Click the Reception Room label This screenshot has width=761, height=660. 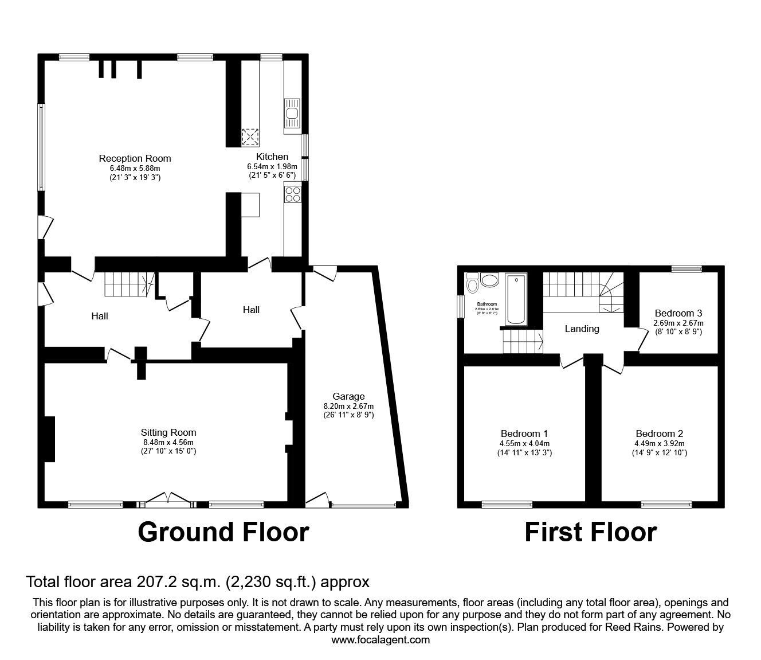pyautogui.click(x=135, y=158)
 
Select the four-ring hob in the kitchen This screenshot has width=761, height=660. pyautogui.click(x=292, y=194)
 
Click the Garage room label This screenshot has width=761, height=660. pyautogui.click(x=348, y=396)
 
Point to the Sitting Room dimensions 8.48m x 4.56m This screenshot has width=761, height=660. pyautogui.click(x=168, y=442)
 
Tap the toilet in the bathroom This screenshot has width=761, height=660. pyautogui.click(x=473, y=284)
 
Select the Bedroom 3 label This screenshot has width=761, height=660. pyautogui.click(x=678, y=313)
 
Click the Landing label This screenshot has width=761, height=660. pyautogui.click(x=582, y=329)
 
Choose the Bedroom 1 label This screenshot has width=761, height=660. pyautogui.click(x=524, y=434)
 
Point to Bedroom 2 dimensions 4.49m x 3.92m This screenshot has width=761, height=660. pyautogui.click(x=659, y=443)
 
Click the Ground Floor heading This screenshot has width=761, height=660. pyautogui.click(x=223, y=532)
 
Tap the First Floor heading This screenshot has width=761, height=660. pyautogui.click(x=590, y=532)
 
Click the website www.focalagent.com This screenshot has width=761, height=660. pyautogui.click(x=380, y=640)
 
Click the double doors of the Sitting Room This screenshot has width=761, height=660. pyautogui.click(x=168, y=501)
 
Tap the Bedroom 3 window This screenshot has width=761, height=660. pyautogui.click(x=687, y=268)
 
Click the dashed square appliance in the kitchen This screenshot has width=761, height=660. pyautogui.click(x=250, y=137)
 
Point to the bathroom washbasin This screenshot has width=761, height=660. pyautogui.click(x=489, y=280)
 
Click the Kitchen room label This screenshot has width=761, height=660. pyautogui.click(x=272, y=157)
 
